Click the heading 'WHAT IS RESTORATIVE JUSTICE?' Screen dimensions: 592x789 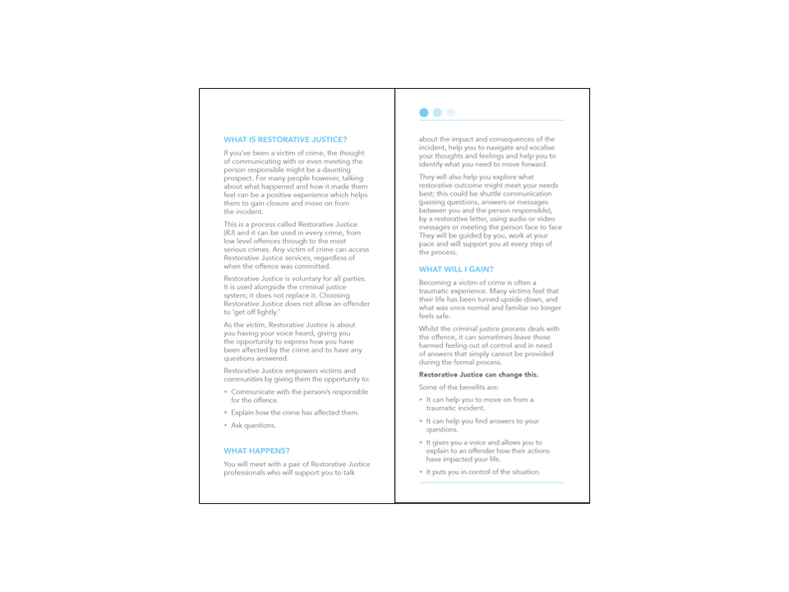285,140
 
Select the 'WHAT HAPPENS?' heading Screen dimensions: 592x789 256,451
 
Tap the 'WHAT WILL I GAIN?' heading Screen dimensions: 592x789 456,269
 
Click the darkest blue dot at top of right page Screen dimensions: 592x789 424,113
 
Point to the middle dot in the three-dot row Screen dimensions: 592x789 437,113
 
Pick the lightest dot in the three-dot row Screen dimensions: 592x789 450,113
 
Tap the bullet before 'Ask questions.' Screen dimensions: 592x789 225,426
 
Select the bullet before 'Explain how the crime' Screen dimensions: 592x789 225,413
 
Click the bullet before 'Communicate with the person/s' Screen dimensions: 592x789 225,392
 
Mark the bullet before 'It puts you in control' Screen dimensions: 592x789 421,472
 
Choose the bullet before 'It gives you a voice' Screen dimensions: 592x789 421,442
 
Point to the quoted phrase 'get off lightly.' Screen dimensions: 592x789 260,313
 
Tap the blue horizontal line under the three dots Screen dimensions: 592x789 491,121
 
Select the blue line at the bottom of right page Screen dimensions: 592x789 491,483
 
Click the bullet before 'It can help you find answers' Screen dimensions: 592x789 421,421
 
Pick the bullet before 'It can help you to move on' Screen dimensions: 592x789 421,400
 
